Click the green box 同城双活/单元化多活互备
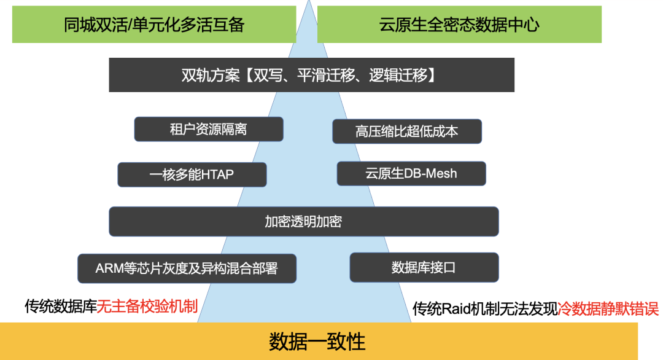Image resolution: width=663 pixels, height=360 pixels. (x=154, y=25)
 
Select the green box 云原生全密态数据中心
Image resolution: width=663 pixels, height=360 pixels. (x=459, y=25)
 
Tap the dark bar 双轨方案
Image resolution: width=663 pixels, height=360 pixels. (x=311, y=75)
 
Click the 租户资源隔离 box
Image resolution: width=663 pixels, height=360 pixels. (x=209, y=129)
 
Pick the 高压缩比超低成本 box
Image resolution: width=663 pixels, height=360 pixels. (x=407, y=131)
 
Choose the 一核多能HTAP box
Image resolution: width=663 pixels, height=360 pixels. (x=192, y=174)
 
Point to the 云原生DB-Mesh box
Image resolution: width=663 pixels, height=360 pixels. (x=411, y=173)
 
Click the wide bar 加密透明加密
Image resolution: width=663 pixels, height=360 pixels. (x=303, y=222)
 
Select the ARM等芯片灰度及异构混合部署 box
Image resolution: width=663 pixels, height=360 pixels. (x=187, y=268)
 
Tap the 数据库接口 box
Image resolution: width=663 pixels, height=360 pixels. (x=424, y=268)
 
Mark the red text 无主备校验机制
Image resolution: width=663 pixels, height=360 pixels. (x=147, y=305)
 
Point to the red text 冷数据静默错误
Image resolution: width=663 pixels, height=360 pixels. (x=608, y=308)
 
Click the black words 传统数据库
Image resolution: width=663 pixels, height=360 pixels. (x=61, y=305)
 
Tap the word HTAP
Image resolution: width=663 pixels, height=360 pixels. (x=215, y=175)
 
